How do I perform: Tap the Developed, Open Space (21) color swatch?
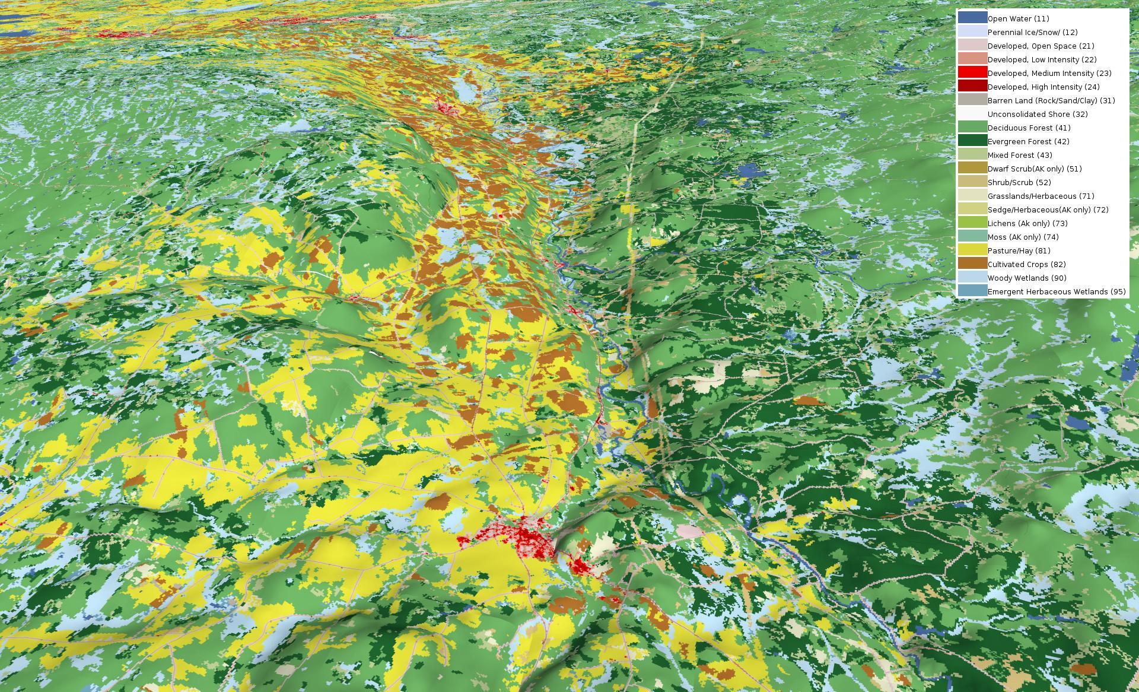972,46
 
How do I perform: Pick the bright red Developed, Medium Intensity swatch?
972,73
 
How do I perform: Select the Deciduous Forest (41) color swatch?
972,128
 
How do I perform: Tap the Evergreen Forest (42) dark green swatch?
972,141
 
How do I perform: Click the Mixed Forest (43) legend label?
1019,155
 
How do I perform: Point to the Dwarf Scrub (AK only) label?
1034,169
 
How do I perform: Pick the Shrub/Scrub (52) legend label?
1019,183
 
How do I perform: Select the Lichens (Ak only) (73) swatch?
972,223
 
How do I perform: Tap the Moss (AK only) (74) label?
1023,237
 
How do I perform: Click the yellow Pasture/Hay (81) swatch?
972,250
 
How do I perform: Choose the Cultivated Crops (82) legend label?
1026,265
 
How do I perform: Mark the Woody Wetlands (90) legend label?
1026,278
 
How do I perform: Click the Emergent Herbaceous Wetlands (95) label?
1056,292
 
